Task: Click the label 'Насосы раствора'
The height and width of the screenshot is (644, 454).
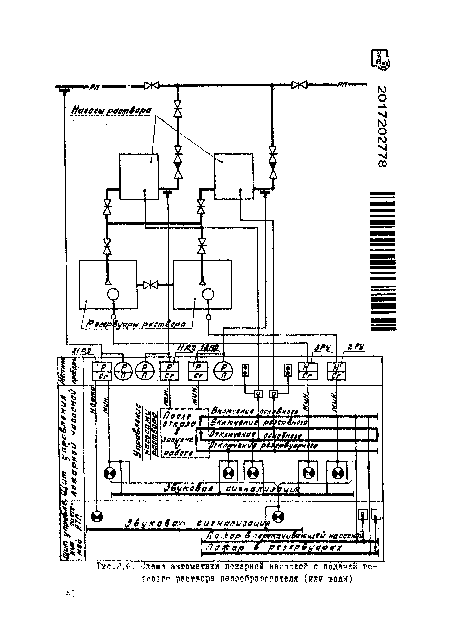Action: [x=111, y=110]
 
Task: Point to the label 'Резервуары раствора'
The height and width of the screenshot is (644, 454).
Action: [x=136, y=324]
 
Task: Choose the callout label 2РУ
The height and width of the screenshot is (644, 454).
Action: [x=356, y=347]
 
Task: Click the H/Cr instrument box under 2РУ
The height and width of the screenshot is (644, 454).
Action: [x=336, y=371]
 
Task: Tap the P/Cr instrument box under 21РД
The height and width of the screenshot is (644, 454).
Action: [x=102, y=371]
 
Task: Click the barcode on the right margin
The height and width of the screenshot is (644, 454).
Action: [x=383, y=261]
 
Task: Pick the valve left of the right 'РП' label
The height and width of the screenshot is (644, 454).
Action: [x=299, y=84]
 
